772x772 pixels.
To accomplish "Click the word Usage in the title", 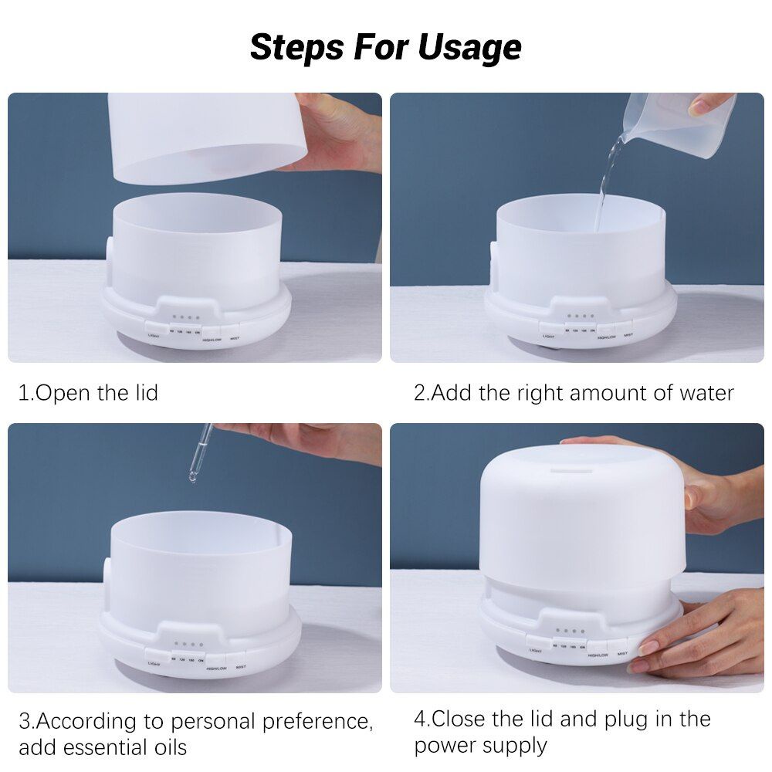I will click(469, 47).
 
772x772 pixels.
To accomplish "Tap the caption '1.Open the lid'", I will click(88, 392).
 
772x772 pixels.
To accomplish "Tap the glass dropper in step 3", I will click(200, 452).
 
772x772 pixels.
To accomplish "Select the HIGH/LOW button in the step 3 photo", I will click(216, 667).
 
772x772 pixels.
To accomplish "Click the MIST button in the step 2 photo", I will click(628, 335).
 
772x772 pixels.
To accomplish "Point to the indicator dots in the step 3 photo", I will click(188, 644).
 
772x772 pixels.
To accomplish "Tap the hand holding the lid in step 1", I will click(340, 131).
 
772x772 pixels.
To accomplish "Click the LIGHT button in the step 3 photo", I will click(154, 663).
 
